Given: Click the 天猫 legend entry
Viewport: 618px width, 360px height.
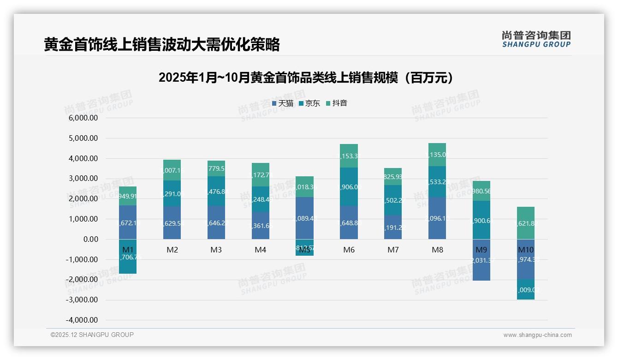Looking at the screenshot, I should point(283,103).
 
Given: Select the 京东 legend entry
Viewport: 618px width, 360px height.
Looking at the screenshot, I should point(309,103).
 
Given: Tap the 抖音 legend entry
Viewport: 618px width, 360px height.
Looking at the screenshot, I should point(337,103).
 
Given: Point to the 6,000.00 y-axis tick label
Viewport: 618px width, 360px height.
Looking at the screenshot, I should point(83,118).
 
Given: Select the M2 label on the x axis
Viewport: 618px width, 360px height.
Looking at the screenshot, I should point(172,250).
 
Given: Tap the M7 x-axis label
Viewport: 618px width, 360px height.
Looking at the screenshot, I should point(393,250).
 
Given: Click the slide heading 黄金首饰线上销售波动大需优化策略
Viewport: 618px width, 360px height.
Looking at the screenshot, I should point(162,45).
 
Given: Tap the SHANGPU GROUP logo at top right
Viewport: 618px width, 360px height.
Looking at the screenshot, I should point(536,39).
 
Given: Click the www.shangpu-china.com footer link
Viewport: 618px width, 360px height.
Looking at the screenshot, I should point(537,335).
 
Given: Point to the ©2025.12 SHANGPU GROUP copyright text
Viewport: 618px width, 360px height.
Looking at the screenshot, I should point(92,335).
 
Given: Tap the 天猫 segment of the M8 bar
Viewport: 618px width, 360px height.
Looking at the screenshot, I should point(437,218).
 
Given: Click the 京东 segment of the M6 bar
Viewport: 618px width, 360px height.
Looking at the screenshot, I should point(349,186).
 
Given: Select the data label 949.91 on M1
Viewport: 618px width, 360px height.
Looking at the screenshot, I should point(128,196).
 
